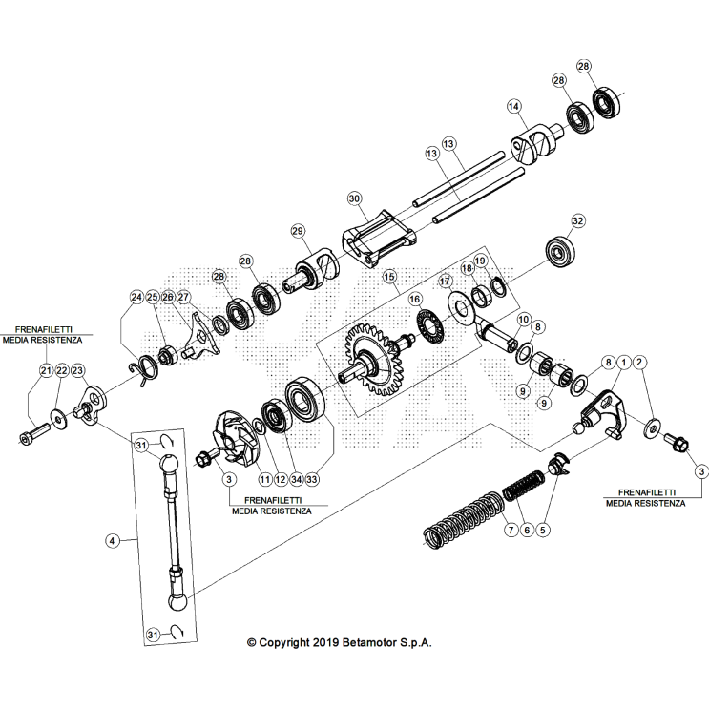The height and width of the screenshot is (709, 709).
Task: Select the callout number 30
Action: (354, 198)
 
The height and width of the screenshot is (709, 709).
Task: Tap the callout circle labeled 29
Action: (298, 231)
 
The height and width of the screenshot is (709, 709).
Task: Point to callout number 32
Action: (576, 220)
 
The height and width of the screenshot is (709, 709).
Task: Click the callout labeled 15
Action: (389, 277)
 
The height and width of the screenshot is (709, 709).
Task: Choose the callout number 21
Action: (45, 369)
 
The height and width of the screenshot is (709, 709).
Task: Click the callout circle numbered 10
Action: (523, 319)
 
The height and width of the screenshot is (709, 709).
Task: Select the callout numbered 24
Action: (136, 297)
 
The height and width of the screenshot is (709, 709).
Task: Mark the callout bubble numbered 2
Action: (640, 362)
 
